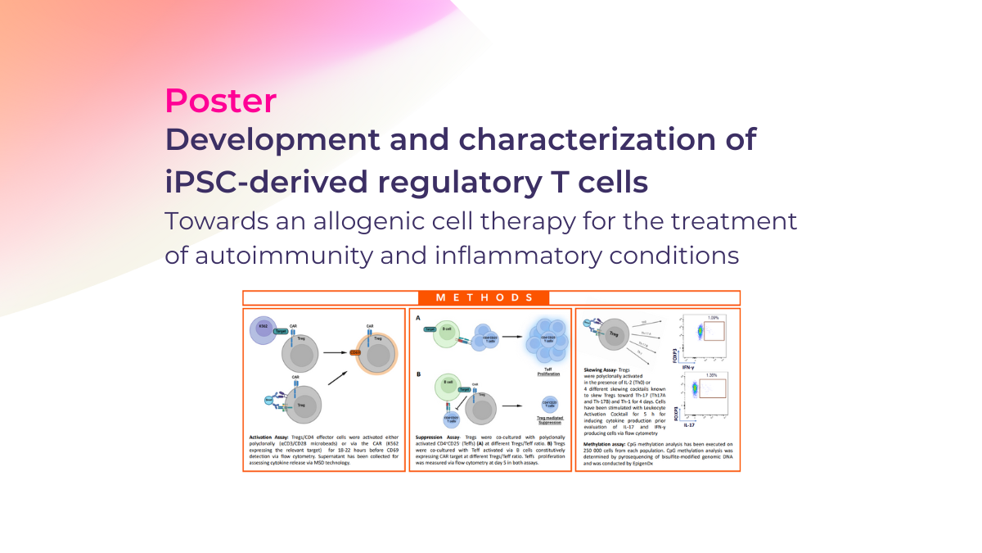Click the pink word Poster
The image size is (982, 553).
[x=220, y=100]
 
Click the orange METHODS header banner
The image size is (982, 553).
[x=491, y=298]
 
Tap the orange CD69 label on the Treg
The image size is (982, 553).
[x=356, y=353]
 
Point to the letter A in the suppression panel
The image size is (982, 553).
[x=419, y=318]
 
